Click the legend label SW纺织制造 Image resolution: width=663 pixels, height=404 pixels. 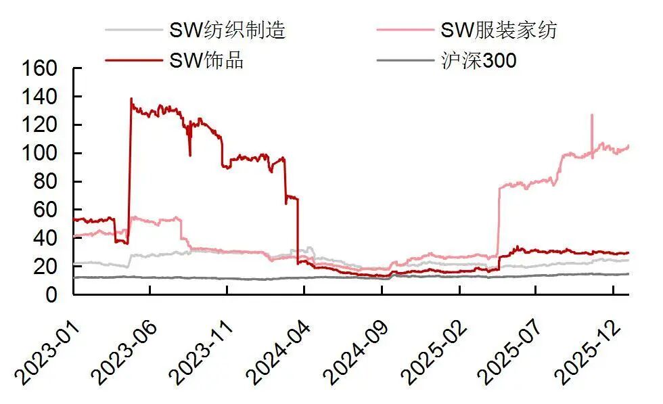[x=227, y=30]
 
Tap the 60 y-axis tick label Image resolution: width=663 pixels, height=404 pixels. [x=49, y=210]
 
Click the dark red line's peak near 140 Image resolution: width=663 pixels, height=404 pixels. [x=131, y=99]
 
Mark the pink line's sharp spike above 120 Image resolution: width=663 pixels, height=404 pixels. [x=592, y=114]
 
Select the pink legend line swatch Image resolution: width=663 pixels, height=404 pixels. [x=405, y=30]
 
